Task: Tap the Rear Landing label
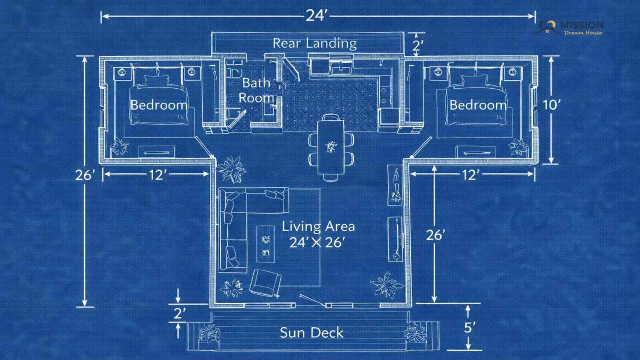[315, 44]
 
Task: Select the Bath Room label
[256, 90]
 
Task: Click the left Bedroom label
[159, 105]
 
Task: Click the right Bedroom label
[478, 105]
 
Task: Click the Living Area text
[318, 226]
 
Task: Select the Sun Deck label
[311, 333]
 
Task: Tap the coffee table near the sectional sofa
[266, 244]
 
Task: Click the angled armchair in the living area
[265, 283]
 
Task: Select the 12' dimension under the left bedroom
[157, 174]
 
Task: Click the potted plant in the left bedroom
[119, 147]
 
